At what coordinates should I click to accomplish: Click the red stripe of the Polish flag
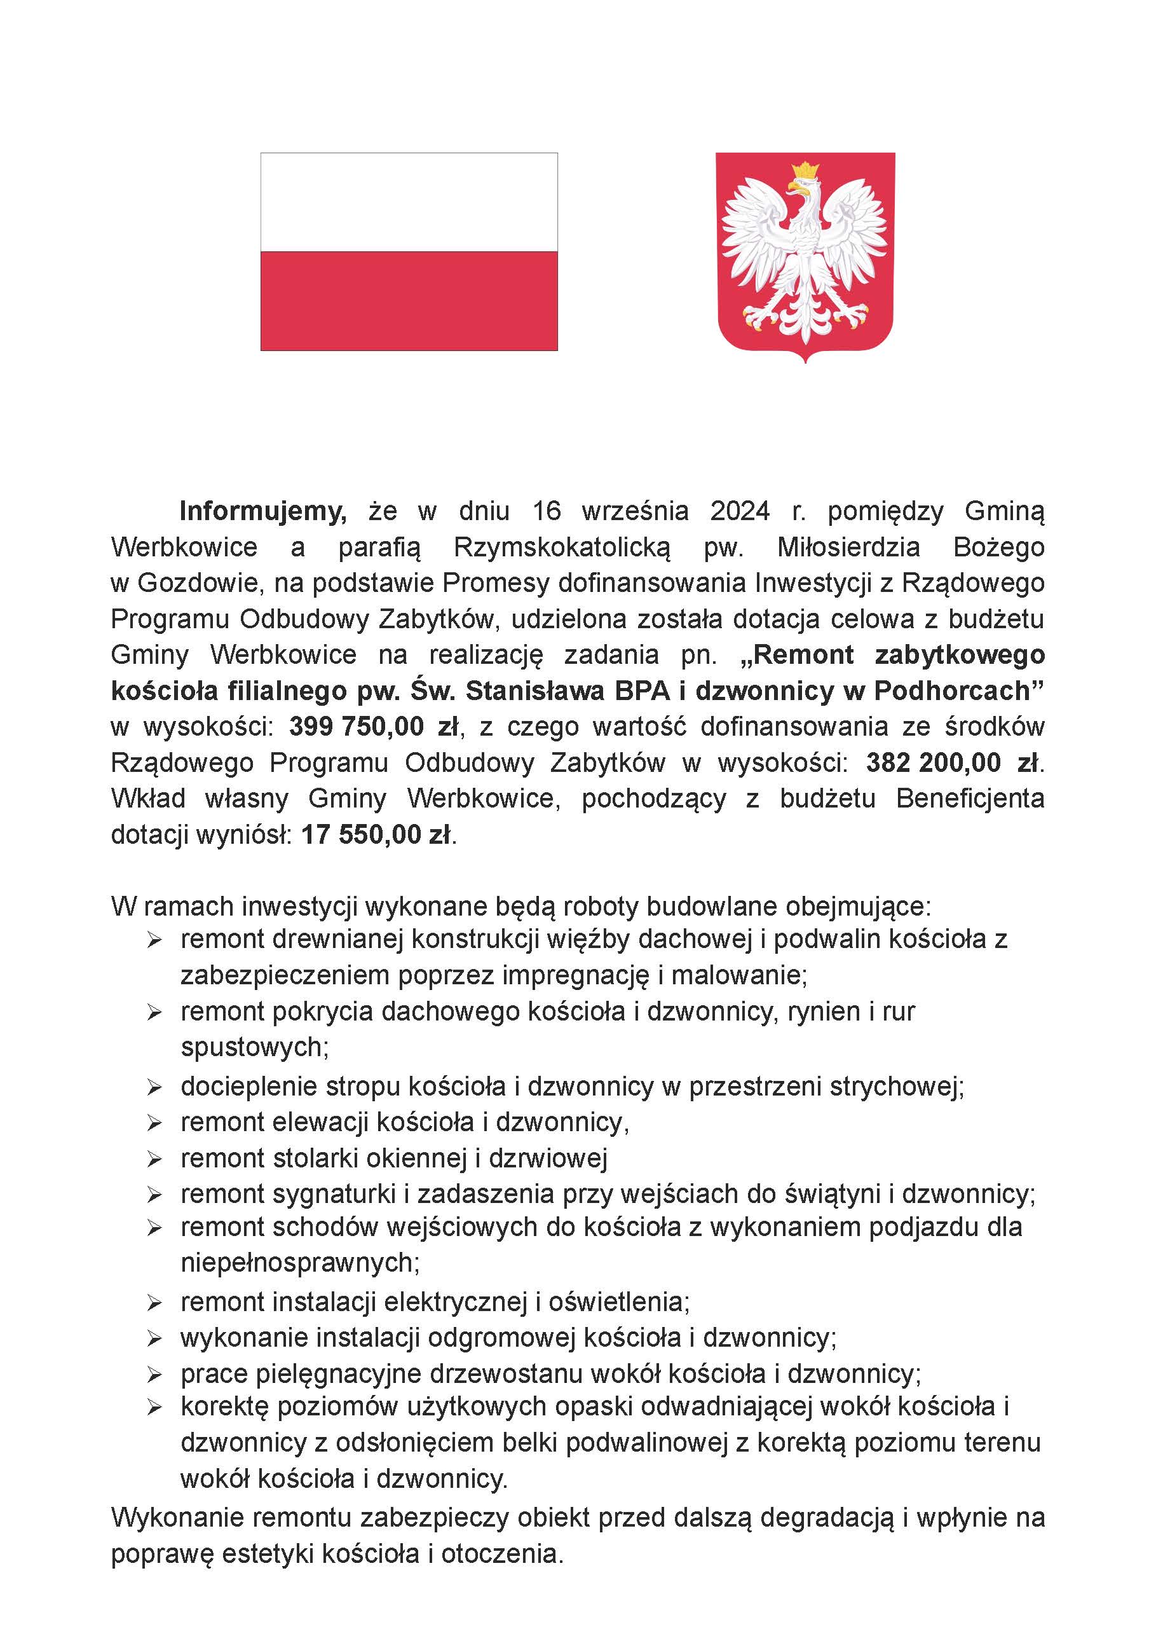point(409,300)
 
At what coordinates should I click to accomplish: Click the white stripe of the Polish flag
point(409,202)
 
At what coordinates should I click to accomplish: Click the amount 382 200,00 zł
point(952,762)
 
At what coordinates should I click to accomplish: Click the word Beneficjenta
point(970,798)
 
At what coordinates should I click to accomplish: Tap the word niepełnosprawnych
point(300,1262)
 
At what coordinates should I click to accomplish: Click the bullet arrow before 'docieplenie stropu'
point(154,1088)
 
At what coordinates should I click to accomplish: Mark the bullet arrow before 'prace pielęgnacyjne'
point(154,1375)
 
